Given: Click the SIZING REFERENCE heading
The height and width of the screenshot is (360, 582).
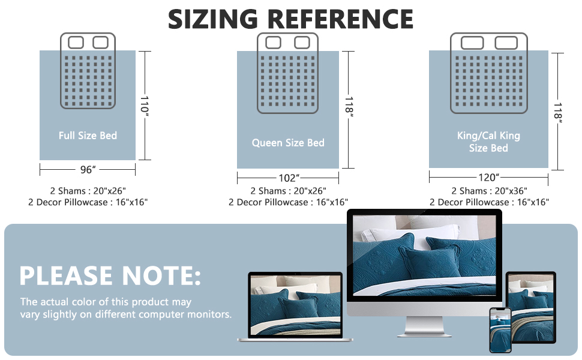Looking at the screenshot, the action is pyautogui.click(x=290, y=19).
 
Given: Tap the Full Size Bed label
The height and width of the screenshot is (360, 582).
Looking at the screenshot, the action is pyautogui.click(x=88, y=136).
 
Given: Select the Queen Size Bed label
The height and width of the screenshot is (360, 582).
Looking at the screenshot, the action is pyautogui.click(x=288, y=143).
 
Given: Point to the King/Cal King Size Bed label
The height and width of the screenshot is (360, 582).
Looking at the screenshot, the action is pyautogui.click(x=488, y=142).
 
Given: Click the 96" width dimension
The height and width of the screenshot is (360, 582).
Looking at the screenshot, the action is pyautogui.click(x=88, y=170).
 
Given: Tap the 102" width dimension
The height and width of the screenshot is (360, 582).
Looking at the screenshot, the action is pyautogui.click(x=289, y=178).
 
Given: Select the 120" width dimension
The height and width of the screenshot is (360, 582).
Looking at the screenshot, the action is pyautogui.click(x=489, y=178).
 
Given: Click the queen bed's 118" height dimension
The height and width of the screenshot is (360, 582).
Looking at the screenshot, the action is pyautogui.click(x=349, y=108).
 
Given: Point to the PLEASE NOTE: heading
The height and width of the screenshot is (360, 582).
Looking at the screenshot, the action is pyautogui.click(x=110, y=275).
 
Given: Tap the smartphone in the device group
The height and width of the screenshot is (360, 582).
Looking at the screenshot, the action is pyautogui.click(x=500, y=329).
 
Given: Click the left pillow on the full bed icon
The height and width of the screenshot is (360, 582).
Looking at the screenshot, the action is pyautogui.click(x=76, y=43).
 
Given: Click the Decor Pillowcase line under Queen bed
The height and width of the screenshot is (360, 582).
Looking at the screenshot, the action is pyautogui.click(x=288, y=202).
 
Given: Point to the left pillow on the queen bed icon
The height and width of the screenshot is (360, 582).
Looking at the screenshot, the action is pyautogui.click(x=274, y=43).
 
